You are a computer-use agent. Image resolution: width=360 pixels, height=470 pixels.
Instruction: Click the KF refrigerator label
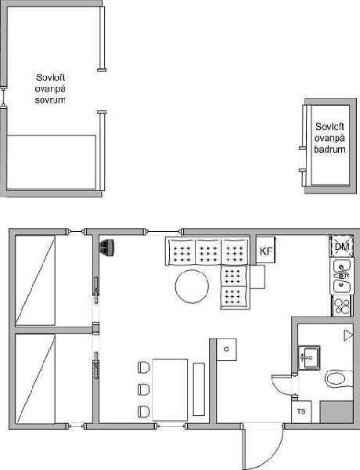[x=266, y=251]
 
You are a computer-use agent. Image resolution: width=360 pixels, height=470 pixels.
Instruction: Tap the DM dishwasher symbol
[x=342, y=247]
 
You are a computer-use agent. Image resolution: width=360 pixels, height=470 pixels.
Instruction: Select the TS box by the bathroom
[x=301, y=411]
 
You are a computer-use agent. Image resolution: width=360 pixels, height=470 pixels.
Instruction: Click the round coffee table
[x=192, y=287]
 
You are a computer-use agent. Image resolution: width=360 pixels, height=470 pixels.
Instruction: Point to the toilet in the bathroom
[x=339, y=378]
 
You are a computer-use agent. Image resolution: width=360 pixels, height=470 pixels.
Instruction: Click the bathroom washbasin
[x=309, y=357]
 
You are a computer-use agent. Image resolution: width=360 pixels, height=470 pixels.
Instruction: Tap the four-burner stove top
[x=342, y=305]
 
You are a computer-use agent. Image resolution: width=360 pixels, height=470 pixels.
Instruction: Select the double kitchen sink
[x=342, y=276]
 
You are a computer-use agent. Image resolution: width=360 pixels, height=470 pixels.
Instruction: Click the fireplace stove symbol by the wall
[x=107, y=248]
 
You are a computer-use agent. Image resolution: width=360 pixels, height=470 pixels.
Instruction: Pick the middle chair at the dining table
[x=143, y=389]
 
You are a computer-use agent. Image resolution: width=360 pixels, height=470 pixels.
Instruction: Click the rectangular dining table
[x=170, y=389]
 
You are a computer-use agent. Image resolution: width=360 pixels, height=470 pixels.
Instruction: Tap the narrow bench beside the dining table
[x=199, y=389]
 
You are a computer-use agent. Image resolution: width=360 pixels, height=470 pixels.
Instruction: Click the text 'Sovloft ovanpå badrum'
[x=329, y=138]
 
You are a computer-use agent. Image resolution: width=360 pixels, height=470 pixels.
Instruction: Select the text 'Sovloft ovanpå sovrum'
[x=50, y=89]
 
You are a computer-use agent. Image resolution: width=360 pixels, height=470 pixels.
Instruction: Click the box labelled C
[x=226, y=349]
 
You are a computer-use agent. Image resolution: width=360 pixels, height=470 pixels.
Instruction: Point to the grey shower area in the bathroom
[x=337, y=412]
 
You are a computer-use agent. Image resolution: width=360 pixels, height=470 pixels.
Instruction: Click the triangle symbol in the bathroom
[x=348, y=335]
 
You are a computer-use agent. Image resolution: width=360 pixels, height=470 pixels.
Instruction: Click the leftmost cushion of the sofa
[x=182, y=251]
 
